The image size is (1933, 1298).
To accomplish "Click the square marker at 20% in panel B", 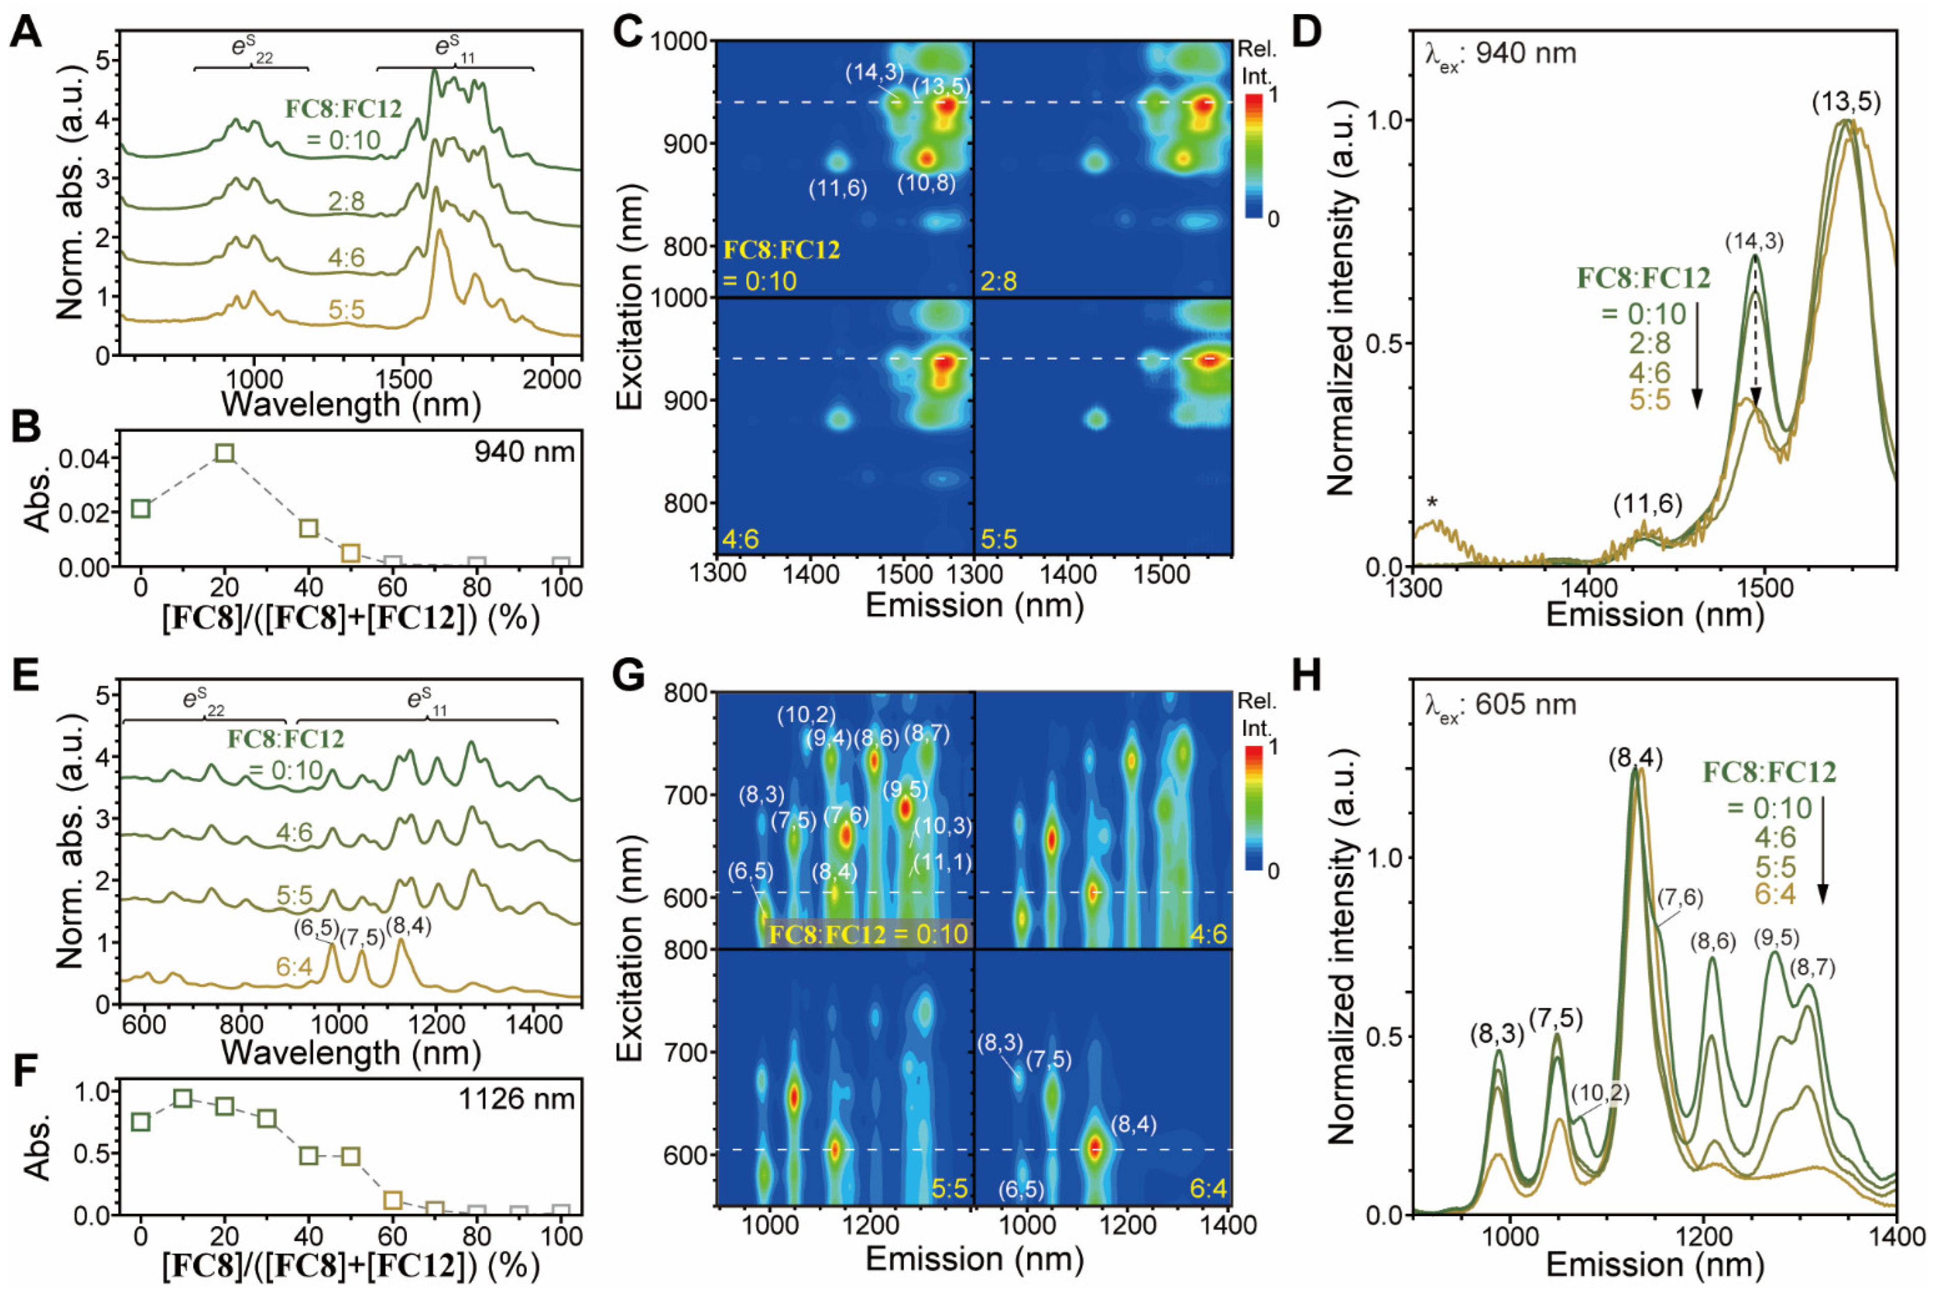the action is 224,452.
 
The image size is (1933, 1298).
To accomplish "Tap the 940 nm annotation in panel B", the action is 524,452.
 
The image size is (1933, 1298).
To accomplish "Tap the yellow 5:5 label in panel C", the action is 999,539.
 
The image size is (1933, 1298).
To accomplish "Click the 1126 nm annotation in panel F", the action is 517,1099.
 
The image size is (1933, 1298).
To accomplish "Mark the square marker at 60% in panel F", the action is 393,1199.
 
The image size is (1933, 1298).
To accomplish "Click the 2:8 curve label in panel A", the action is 346,201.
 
